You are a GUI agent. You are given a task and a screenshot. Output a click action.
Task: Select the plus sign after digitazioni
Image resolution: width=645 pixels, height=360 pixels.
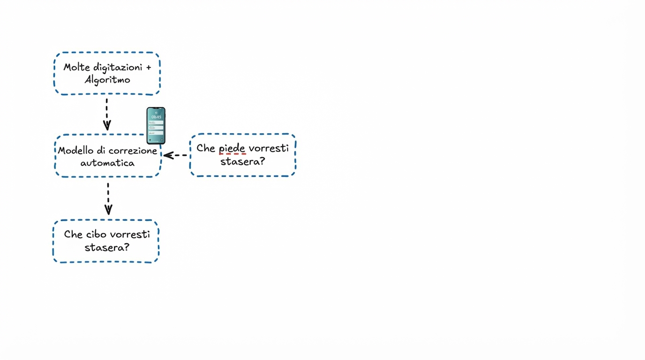click(149, 67)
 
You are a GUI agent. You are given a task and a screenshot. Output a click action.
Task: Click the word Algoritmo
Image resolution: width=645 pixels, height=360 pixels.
click(107, 80)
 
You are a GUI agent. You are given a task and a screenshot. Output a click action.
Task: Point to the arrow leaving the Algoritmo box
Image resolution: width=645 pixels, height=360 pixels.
click(107, 114)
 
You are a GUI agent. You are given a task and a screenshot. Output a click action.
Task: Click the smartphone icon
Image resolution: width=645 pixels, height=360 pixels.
click(156, 126)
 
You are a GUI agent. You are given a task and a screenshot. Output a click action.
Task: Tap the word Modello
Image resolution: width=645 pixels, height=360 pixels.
click(75, 151)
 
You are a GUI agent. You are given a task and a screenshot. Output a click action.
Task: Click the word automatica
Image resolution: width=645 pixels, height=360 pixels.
click(107, 163)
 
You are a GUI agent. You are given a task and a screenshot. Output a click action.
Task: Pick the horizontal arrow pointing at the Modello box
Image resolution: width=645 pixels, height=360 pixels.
click(175, 155)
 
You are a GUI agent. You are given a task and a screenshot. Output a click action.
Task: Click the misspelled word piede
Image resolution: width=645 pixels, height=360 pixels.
click(232, 148)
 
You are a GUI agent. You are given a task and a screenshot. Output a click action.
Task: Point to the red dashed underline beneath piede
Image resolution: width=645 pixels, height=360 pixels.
click(232, 154)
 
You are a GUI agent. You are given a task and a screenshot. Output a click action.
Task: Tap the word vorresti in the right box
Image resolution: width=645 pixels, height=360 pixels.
click(269, 148)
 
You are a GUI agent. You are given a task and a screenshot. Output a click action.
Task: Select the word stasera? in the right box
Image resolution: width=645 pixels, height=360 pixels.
click(243, 161)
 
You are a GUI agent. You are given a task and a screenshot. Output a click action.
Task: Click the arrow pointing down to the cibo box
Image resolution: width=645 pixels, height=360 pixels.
click(108, 199)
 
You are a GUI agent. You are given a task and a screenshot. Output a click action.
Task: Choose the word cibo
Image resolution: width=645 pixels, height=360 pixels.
click(97, 234)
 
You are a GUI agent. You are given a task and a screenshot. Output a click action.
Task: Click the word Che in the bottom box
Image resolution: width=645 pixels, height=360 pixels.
click(73, 234)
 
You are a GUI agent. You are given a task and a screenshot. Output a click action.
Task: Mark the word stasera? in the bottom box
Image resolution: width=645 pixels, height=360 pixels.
click(107, 247)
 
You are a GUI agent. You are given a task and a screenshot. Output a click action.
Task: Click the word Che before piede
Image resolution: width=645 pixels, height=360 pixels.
click(206, 148)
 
